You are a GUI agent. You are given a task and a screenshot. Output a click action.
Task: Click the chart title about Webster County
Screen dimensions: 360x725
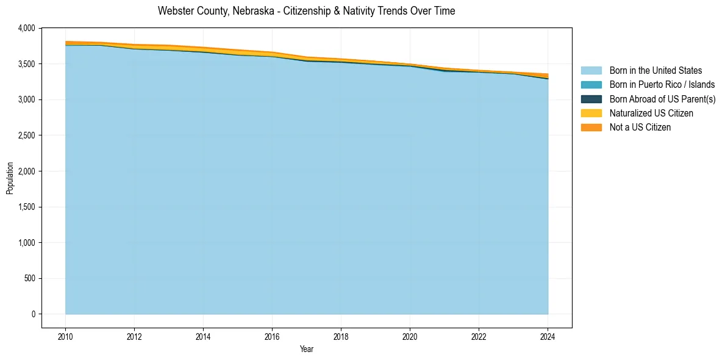[306, 11]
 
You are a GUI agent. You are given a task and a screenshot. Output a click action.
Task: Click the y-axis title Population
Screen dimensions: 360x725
[10, 178]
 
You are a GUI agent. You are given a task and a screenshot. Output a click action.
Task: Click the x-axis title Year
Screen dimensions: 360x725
[307, 349]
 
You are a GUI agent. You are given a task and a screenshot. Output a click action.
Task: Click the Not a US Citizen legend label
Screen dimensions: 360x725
[640, 128]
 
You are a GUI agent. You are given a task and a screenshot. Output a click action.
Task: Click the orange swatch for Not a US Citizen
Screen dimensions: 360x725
[591, 128]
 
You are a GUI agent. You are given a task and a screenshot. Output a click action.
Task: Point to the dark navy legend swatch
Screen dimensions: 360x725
[591, 99]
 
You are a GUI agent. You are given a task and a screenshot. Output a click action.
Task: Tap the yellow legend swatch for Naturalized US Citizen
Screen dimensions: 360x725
[591, 113]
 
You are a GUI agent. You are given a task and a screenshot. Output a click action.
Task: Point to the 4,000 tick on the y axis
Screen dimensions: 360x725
[27, 28]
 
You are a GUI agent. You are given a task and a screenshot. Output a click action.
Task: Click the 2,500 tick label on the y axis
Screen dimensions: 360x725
[27, 135]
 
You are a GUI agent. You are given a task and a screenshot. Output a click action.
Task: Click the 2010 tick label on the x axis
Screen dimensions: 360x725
[65, 336]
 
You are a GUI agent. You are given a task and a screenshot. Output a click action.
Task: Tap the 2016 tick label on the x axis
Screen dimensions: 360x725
[272, 336]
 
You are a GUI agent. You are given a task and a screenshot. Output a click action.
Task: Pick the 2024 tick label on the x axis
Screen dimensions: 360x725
[548, 336]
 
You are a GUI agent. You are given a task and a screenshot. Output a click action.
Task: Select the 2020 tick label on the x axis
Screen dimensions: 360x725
[410, 336]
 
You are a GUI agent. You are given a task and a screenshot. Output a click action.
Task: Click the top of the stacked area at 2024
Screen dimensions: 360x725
[548, 74]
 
